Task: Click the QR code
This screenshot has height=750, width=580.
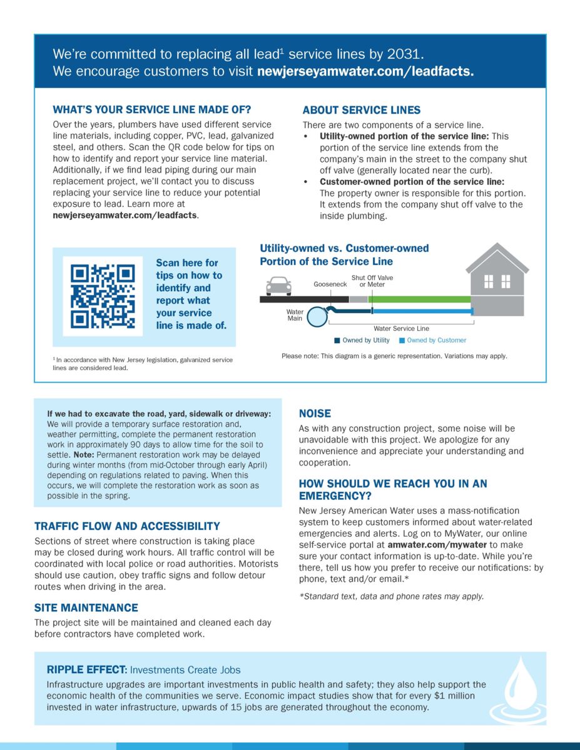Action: coord(103,297)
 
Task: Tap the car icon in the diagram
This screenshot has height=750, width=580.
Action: coord(278,286)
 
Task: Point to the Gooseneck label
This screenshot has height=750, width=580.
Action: coord(330,284)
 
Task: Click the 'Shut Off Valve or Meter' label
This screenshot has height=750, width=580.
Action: coord(372,281)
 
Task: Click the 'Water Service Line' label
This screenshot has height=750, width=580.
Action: coord(401,328)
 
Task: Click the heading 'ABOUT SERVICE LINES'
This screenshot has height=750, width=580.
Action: coord(362,110)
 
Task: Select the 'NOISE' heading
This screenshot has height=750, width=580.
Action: coord(315,414)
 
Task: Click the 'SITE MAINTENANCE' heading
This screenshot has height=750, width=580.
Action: coord(86,607)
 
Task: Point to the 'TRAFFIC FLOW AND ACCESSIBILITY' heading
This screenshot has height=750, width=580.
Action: coord(127,526)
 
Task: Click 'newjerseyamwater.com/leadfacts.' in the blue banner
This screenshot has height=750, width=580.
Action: coord(365,71)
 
